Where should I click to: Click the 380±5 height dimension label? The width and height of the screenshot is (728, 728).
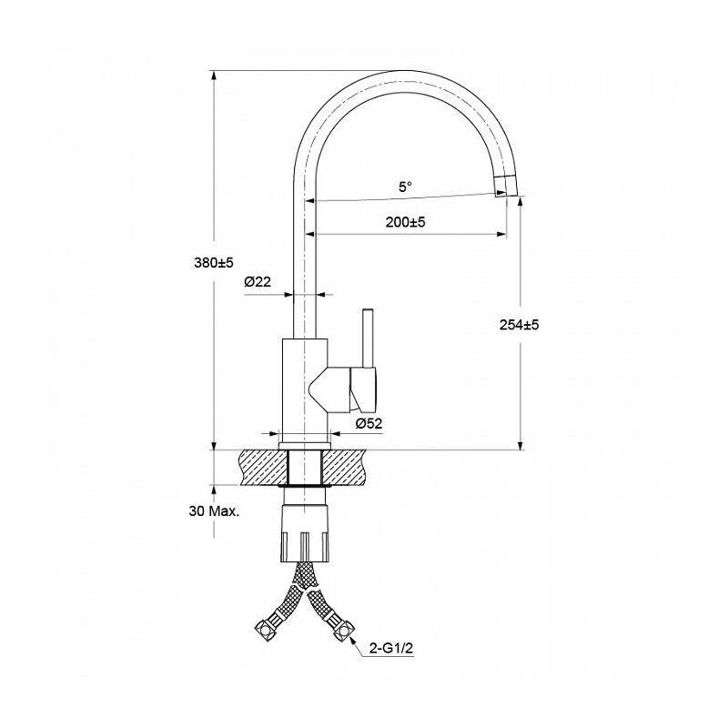pos(214,263)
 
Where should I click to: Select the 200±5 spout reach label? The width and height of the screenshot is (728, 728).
pos(405,222)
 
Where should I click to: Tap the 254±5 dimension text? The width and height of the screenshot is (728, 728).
pos(519,325)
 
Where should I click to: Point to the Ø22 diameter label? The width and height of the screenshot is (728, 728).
pos(258,281)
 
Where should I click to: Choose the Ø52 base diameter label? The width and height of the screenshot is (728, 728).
pos(369,423)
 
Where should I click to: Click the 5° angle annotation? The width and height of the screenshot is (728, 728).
pos(405,187)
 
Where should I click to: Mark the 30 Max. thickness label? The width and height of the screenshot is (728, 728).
pos(214,511)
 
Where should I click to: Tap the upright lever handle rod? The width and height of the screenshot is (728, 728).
pos(368,338)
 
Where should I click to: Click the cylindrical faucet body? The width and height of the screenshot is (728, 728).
pos(305,391)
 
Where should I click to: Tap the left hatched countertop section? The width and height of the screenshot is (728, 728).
pos(263,468)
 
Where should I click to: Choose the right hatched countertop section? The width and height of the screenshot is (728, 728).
pos(345,468)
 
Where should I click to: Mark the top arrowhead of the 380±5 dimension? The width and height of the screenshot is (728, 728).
pos(214,76)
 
